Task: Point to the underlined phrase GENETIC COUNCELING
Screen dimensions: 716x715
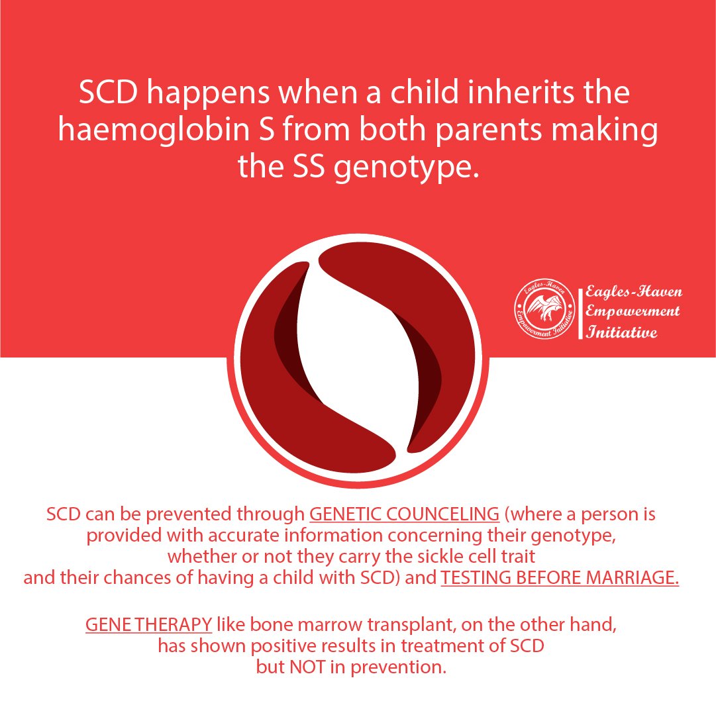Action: [x=405, y=514]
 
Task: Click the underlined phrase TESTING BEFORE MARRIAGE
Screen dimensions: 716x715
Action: [x=560, y=578]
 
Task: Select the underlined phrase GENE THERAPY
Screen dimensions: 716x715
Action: [x=149, y=624]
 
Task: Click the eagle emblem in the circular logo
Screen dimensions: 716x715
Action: [x=544, y=308]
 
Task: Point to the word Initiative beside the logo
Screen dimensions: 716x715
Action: [x=622, y=332]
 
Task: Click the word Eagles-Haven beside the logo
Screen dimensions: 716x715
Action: [x=634, y=291]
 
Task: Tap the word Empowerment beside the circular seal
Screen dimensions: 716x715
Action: [x=633, y=312]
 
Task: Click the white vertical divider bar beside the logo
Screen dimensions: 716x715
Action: [x=580, y=313]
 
